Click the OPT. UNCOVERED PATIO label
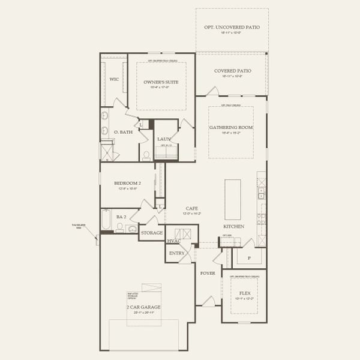coord(232,28)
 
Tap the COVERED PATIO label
coord(232,71)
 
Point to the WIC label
coord(113,79)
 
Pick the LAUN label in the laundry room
coord(164,139)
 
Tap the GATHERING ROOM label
coord(231,128)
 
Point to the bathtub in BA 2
coord(106,220)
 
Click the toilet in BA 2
coord(120,228)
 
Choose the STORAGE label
coord(152,233)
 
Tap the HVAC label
coord(174,241)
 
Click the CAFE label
coord(191,208)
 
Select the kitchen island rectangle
coord(233,199)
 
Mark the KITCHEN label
coord(233,226)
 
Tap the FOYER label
coord(208,273)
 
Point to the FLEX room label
coord(244,293)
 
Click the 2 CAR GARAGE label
coord(143,307)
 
